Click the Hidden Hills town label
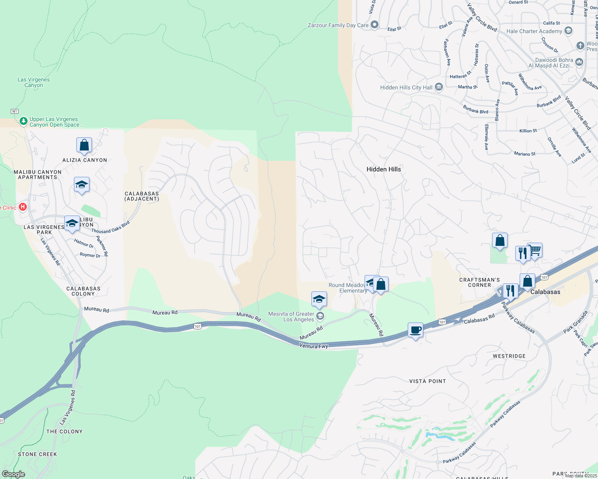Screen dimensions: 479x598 [x=383, y=169]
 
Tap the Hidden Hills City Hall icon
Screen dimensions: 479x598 [x=439, y=87]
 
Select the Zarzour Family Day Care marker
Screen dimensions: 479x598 [x=375, y=25]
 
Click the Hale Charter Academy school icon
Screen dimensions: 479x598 [x=568, y=31]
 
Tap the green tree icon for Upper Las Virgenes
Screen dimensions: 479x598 [x=24, y=121]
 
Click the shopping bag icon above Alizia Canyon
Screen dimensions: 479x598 [x=84, y=145]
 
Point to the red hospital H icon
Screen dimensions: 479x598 [x=23, y=207]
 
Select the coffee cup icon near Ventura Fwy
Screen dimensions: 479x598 [x=416, y=331]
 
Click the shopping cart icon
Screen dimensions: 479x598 [x=535, y=251]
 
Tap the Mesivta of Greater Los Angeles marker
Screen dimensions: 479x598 [x=320, y=316]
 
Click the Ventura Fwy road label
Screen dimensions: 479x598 [x=313, y=346]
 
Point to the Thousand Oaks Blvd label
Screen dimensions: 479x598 [x=111, y=228]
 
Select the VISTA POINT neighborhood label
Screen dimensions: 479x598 [x=427, y=381]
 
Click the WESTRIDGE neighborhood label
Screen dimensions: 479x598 [x=509, y=356]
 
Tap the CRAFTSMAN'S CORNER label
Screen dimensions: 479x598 [x=479, y=282]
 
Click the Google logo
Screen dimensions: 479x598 [x=13, y=474]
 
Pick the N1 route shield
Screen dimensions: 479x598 [x=15, y=111]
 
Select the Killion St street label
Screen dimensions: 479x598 [x=528, y=131]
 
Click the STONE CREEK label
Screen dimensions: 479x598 [x=38, y=454]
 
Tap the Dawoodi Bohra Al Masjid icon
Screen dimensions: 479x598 [x=579, y=62]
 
